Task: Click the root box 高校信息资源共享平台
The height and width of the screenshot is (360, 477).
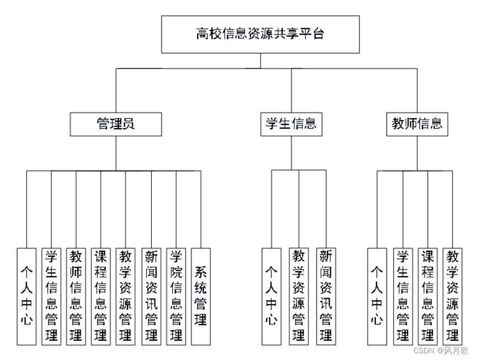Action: pyautogui.click(x=261, y=34)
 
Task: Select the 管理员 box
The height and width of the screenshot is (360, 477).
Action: pyautogui.click(x=116, y=124)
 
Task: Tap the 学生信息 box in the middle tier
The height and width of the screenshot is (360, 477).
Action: pyautogui.click(x=291, y=124)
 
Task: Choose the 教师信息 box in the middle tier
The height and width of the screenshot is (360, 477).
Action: pyautogui.click(x=417, y=124)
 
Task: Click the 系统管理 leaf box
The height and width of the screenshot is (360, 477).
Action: pyautogui.click(x=201, y=297)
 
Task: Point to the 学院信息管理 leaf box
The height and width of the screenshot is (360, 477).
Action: pyautogui.click(x=176, y=297)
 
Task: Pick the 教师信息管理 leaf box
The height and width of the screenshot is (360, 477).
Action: pyautogui.click(x=76, y=297)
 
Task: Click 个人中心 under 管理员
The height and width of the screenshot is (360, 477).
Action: pyautogui.click(x=26, y=297)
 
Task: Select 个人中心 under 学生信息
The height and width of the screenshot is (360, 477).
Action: pyautogui.click(x=272, y=297)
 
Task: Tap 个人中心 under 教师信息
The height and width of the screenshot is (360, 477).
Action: pyautogui.click(x=377, y=297)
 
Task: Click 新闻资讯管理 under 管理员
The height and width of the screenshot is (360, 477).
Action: pyautogui.click(x=151, y=297)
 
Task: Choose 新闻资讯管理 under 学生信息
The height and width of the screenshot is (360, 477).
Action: pyautogui.click(x=326, y=297)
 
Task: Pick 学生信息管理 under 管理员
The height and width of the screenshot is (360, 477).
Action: pyautogui.click(x=51, y=297)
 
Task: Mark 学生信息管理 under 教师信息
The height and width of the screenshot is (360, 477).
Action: pyautogui.click(x=403, y=297)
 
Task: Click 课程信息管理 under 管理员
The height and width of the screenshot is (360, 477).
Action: pyautogui.click(x=100, y=297)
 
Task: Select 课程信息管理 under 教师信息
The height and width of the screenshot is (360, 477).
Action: pyautogui.click(x=428, y=297)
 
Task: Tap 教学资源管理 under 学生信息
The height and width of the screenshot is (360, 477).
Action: pyautogui.click(x=299, y=297)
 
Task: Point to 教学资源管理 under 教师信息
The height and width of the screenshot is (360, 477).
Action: pyautogui.click(x=452, y=297)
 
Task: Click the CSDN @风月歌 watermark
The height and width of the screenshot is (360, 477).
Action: pyautogui.click(x=441, y=351)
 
